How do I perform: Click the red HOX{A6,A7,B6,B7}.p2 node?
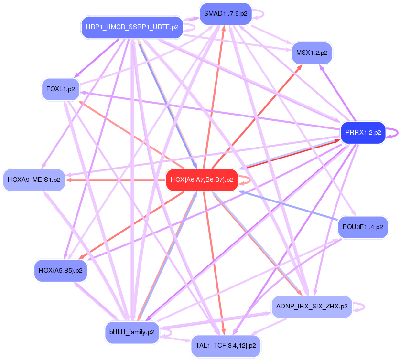pos(202,180)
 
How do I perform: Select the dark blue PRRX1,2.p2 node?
pos(363,133)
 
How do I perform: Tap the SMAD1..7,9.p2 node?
pos(226,13)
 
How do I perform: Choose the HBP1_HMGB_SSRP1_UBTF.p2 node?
pos(132,27)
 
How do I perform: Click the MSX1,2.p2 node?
pos(312,53)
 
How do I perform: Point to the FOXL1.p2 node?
pos(61,89)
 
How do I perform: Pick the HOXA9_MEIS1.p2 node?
pos(34,180)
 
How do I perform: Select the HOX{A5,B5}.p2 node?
pos(60,270)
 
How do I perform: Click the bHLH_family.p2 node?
pos(131,332)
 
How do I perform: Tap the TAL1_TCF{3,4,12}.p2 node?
pos(226,345)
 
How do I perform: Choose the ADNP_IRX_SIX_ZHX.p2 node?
pos(312,306)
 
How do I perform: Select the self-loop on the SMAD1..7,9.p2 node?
pos(261,13)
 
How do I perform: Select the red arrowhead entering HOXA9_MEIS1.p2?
pos(69,180)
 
